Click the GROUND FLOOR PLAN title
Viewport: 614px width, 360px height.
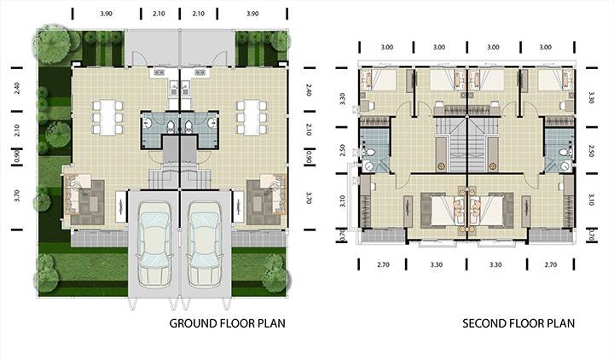(227, 323)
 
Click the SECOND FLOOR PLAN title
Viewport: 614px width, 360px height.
(518, 323)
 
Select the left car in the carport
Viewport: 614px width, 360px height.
(154, 245)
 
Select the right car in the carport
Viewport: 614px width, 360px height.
(206, 245)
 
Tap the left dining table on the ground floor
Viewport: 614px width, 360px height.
(107, 118)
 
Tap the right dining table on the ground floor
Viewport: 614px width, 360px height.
(252, 118)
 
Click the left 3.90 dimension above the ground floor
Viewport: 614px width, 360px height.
(106, 14)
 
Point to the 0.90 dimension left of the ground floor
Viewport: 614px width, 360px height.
(17, 158)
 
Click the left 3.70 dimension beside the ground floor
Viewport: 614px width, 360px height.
(17, 195)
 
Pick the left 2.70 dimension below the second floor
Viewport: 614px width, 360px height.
(384, 264)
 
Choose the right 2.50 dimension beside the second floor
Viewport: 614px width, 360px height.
(591, 151)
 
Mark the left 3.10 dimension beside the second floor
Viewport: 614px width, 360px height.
(343, 201)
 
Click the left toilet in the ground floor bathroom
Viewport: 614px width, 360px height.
(171, 125)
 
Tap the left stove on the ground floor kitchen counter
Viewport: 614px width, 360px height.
(159, 73)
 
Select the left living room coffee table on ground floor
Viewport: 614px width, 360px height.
(94, 203)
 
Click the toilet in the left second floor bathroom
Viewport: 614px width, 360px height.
(368, 153)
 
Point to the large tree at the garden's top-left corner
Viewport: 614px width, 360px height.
(52, 44)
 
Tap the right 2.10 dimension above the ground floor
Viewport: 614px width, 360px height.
(199, 14)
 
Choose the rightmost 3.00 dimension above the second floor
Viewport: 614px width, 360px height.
(546, 47)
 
